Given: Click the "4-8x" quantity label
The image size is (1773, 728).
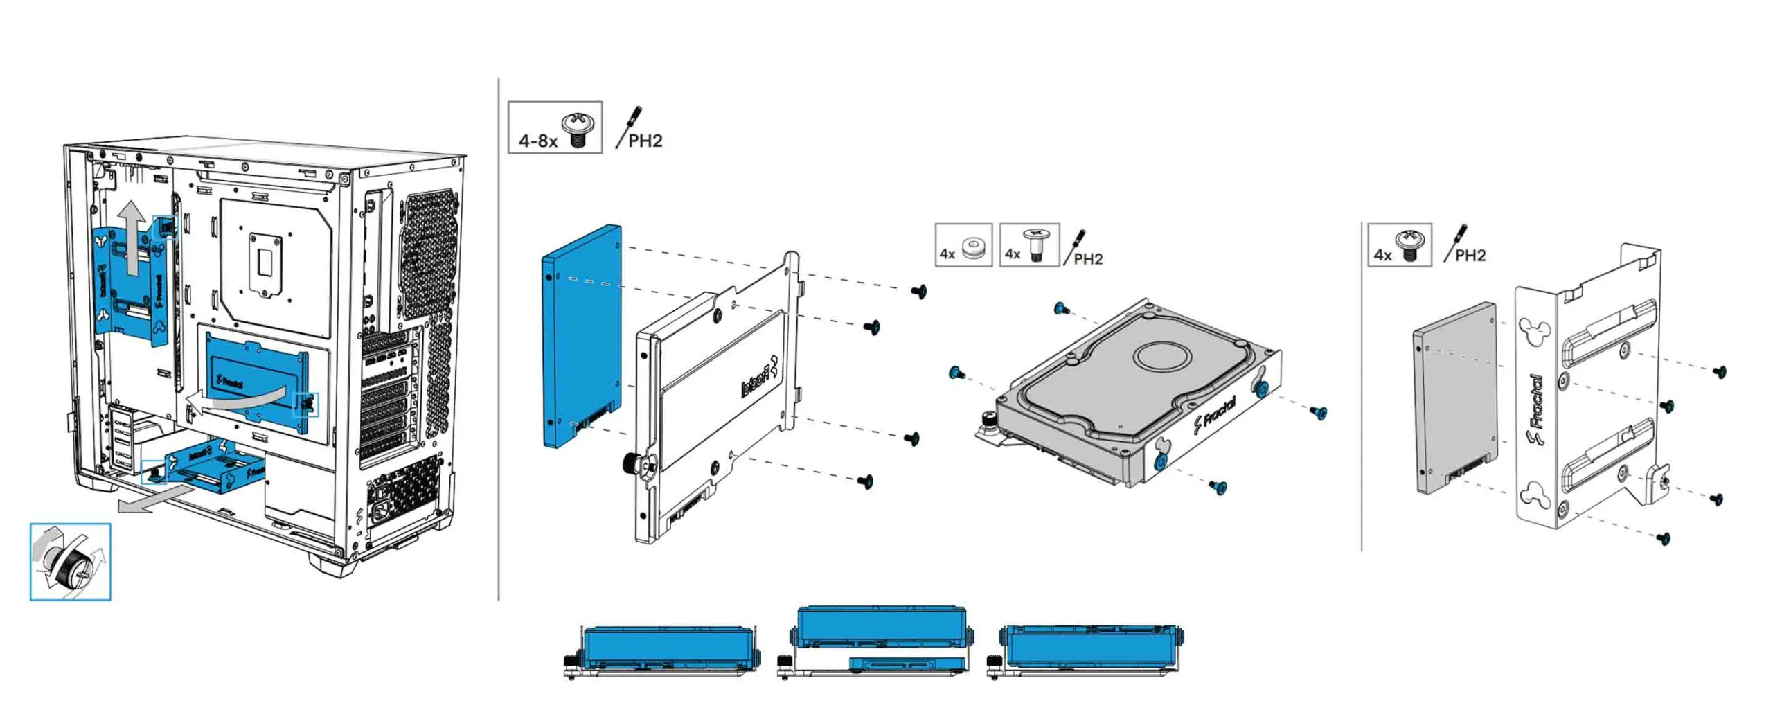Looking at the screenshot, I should pos(537,141).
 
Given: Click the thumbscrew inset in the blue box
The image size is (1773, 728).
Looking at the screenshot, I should pos(69,562).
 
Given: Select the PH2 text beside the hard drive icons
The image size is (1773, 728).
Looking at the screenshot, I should pos(1087,259).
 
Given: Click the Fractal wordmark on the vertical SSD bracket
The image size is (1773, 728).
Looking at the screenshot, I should pos(1535,409).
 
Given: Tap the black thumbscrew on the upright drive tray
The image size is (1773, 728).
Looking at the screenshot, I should pos(632,462).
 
